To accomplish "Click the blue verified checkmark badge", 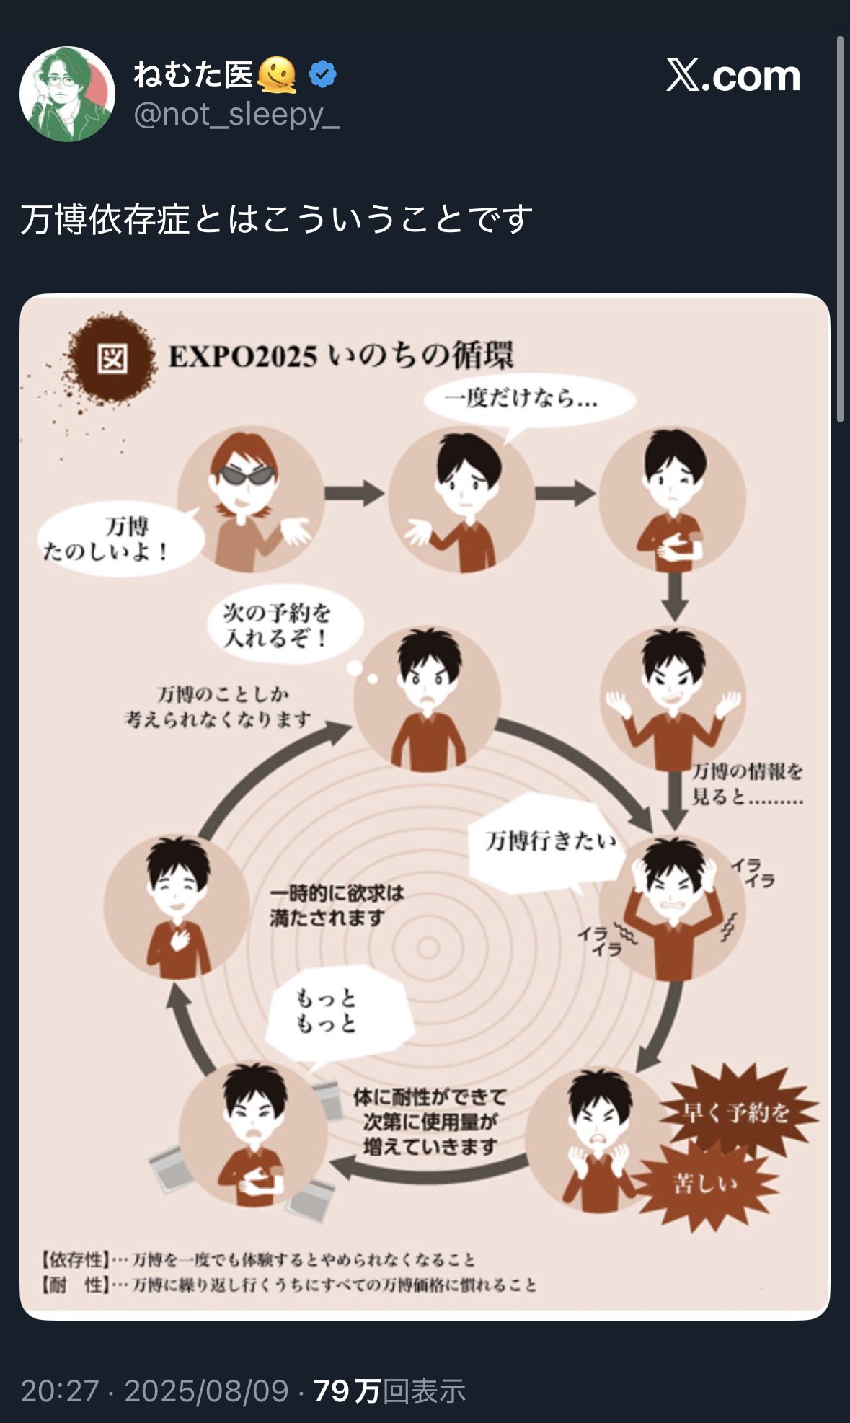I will click(322, 74).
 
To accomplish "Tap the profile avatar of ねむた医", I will click(67, 94).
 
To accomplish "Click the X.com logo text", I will click(732, 76).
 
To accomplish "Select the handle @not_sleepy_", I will click(236, 115).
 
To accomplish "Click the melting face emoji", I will click(276, 74).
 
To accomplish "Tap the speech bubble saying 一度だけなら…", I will click(528, 400).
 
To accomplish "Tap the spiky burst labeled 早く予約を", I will click(737, 1113).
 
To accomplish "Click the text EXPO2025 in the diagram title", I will click(242, 357).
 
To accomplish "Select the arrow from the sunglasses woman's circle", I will click(354, 494).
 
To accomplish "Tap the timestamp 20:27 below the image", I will click(59, 1391).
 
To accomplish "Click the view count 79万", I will click(347, 1391).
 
